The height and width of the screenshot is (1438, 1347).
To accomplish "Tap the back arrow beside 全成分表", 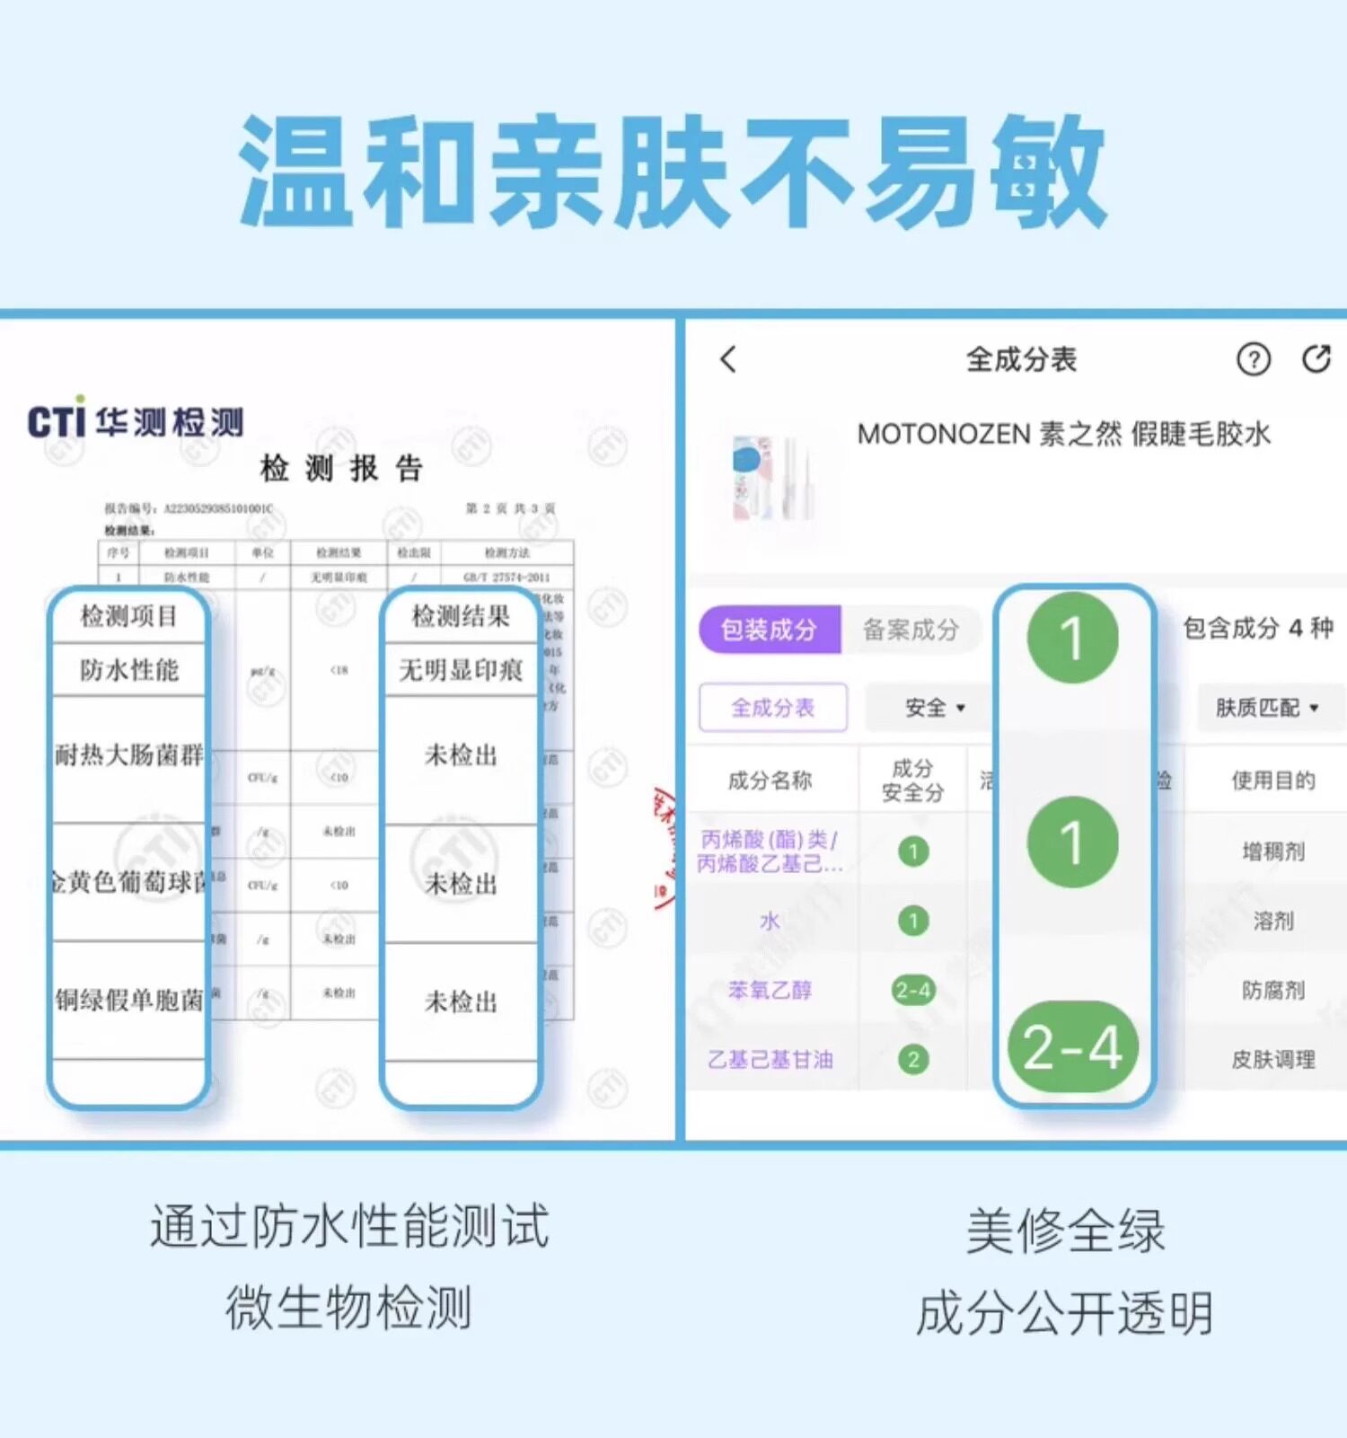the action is [x=728, y=359].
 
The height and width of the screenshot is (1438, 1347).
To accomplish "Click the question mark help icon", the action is [x=1253, y=359].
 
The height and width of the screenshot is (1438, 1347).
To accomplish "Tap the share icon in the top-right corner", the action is [x=1316, y=358].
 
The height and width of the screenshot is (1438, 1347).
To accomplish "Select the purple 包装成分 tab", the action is [x=769, y=630].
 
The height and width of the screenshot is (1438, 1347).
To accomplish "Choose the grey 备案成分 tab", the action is [x=911, y=630].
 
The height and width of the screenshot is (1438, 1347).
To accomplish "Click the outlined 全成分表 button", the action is [x=772, y=708].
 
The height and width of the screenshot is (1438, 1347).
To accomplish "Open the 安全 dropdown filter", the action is [x=934, y=708].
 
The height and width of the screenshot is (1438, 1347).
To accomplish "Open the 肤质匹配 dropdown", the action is [x=1266, y=708].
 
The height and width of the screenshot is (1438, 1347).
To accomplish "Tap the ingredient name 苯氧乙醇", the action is [x=770, y=990].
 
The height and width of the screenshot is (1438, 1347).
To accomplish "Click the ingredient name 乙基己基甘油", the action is [x=770, y=1060].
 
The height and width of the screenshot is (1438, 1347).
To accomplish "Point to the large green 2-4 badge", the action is [x=1073, y=1047].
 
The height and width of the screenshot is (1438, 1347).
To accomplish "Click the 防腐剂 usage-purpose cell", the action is [x=1272, y=990].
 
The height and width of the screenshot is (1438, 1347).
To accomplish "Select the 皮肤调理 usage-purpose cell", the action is [x=1272, y=1060].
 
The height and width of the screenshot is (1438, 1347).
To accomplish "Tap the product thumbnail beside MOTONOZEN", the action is [x=772, y=478].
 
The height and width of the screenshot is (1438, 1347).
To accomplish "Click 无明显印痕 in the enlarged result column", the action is [x=461, y=670].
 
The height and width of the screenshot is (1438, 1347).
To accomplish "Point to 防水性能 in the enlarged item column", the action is [x=129, y=670].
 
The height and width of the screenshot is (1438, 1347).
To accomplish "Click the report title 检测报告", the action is [x=341, y=468].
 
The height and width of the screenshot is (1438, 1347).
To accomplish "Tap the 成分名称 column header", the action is [x=770, y=780].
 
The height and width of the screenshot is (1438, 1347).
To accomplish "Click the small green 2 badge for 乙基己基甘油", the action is [x=913, y=1060].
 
